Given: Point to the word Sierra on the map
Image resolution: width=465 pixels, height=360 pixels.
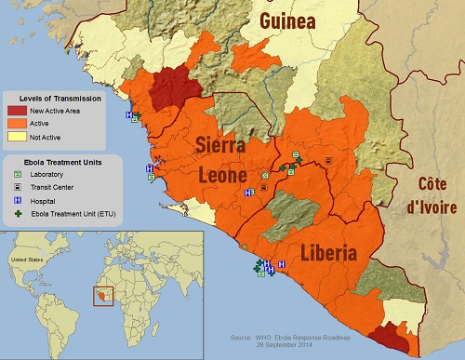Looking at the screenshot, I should [220, 146].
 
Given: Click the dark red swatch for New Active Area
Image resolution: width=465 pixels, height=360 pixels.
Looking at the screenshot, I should [16, 111].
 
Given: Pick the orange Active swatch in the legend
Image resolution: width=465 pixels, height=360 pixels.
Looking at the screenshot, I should [16, 123].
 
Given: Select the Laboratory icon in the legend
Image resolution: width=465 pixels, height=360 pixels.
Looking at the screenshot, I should [16, 175].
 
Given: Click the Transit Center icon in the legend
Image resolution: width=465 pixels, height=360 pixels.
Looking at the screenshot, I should [16, 188].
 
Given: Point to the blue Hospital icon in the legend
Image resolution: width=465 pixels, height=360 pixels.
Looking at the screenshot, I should [16, 201].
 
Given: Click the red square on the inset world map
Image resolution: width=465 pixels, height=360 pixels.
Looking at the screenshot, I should [101, 296].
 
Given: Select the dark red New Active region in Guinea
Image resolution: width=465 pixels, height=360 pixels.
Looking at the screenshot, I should [170, 87].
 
